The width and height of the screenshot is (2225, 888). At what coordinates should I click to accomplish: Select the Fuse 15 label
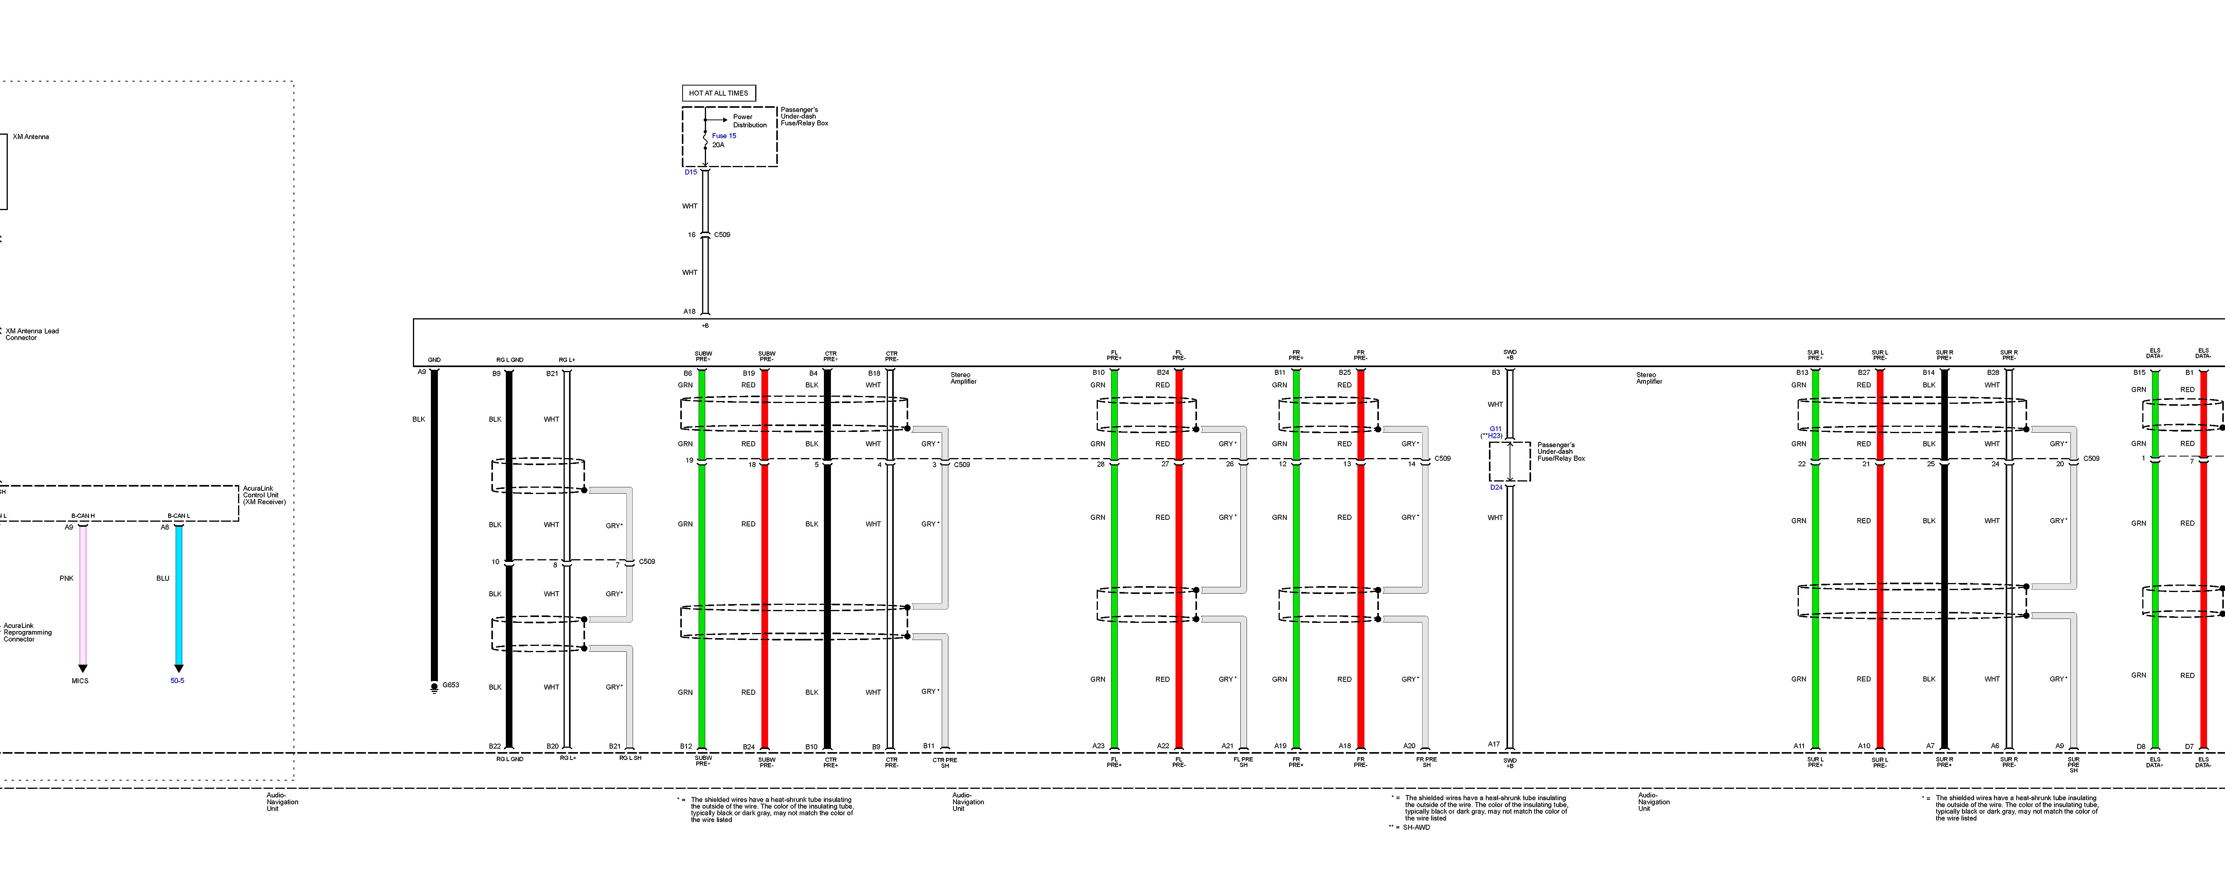coord(724,136)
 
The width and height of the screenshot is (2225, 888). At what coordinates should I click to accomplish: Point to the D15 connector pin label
coord(691,172)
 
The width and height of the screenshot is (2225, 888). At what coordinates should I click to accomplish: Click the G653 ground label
coord(451,685)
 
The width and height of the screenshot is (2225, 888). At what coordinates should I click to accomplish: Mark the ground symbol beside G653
coord(434,688)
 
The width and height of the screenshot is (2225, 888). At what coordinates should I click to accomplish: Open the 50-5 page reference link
coord(177,681)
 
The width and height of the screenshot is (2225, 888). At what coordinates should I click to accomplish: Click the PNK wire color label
coord(66,578)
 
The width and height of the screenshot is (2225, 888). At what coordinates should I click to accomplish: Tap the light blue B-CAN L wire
coord(179,596)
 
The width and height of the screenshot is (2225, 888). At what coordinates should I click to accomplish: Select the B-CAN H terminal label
coord(83,516)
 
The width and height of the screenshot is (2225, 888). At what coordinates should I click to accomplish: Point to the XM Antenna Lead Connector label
coord(32,334)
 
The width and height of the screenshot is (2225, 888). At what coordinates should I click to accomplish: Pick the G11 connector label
coord(1495,428)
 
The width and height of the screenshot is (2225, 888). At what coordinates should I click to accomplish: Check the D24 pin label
coord(1496,487)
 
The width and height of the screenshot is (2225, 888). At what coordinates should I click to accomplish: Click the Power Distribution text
coord(749,121)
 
